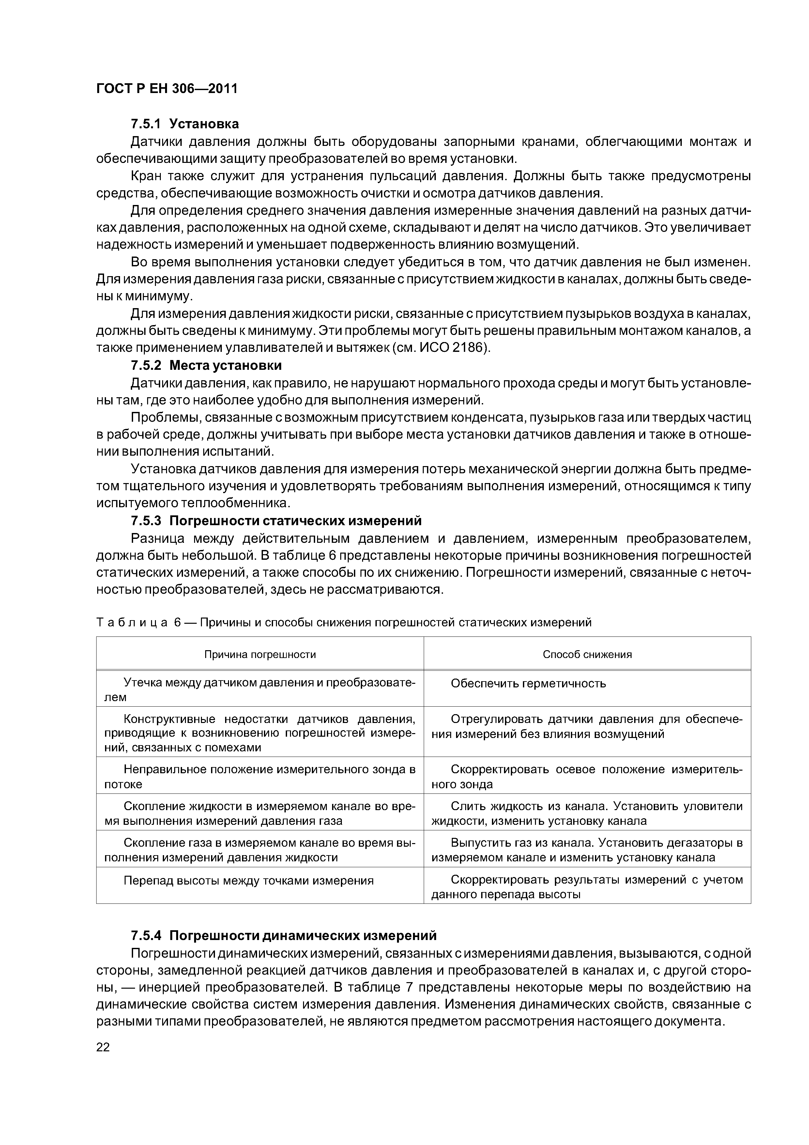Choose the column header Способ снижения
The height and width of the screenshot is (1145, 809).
point(587,654)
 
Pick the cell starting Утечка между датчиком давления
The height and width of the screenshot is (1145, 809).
point(259,689)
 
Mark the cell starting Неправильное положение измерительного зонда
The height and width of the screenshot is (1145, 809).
point(259,776)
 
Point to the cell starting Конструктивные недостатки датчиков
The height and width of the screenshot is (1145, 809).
point(259,733)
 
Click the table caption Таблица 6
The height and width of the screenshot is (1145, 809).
point(343,622)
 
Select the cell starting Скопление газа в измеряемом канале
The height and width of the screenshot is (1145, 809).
point(259,850)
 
